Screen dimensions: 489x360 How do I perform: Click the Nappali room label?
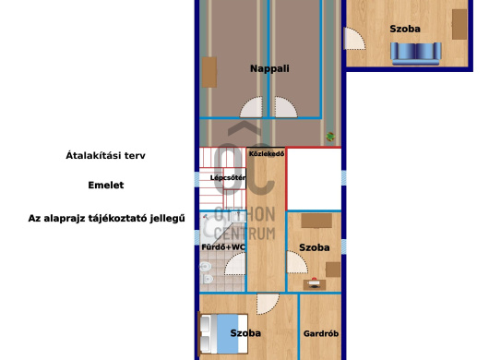pos(269,68)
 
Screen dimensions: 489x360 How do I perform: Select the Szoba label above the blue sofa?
pos(405,29)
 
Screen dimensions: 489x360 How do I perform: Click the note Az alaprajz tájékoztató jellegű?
pos(107,219)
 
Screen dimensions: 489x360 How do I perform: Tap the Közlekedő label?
pos(267,154)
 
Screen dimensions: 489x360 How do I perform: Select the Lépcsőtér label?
pos(227,177)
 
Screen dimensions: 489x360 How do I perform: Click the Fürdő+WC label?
pos(223,246)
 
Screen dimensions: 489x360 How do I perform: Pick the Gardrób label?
pos(321,333)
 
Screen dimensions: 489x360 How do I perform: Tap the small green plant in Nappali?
pos(329,137)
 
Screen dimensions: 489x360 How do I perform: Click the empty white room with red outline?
pos(314,179)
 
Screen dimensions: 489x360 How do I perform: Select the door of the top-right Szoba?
pos(354,39)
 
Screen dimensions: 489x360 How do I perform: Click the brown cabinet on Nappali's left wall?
pos(209,72)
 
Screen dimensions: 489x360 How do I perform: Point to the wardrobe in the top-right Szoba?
pos(459,24)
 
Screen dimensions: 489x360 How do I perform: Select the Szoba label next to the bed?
pos(245,333)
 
